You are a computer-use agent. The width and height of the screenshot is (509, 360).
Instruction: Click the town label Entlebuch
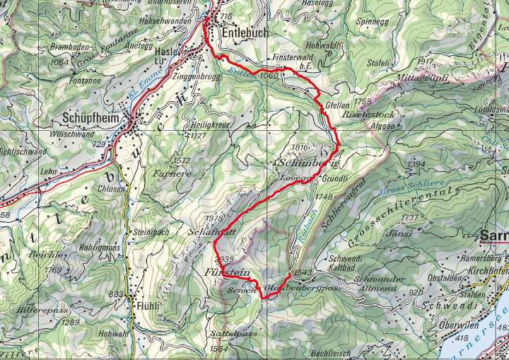[x=245, y=32]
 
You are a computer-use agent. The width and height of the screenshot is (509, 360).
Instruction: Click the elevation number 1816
[x=301, y=147]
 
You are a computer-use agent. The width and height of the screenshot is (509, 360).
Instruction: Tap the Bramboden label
[x=68, y=47]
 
